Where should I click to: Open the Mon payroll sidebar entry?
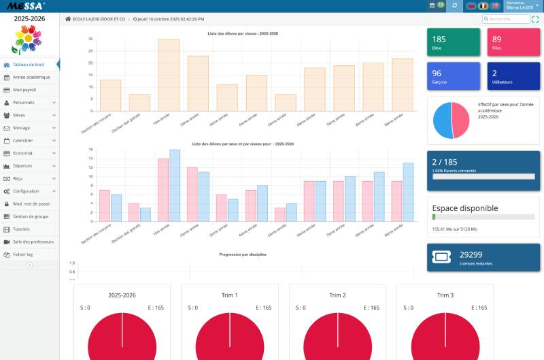pyautogui.click(x=24, y=90)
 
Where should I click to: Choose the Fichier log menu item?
pyautogui.click(x=24, y=254)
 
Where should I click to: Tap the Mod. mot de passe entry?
pyautogui.click(x=31, y=203)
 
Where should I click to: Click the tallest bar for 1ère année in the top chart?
pyautogui.click(x=169, y=75)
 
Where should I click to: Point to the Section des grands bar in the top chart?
pyautogui.click(x=139, y=102)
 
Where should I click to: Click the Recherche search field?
pyautogui.click(x=507, y=19)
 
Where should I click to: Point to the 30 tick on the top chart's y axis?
pyautogui.click(x=90, y=39)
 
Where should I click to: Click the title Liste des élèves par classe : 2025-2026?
pyautogui.click(x=243, y=33)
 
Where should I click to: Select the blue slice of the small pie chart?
pyautogui.click(x=443, y=120)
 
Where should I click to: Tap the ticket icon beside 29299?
pyautogui.click(x=441, y=258)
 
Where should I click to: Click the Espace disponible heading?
pyautogui.click(x=465, y=208)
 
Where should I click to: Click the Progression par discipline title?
pyautogui.click(x=243, y=254)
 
